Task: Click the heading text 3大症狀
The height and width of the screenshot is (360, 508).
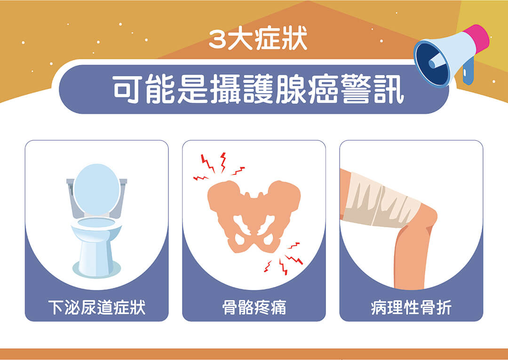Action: [x=258, y=40]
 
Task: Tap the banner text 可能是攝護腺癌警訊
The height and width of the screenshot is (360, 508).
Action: [x=259, y=89]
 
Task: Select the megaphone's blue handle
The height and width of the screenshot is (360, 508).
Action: [x=468, y=72]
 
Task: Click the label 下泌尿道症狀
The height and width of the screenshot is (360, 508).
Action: [x=96, y=307]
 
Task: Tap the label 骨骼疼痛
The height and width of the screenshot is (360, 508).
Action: [x=254, y=307]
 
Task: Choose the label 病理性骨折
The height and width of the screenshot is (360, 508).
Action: [x=411, y=307]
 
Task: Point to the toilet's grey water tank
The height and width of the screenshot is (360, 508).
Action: [x=96, y=198]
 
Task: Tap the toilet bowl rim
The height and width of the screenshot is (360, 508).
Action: [x=96, y=224]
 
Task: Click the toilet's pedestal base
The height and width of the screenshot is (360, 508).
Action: [x=96, y=259]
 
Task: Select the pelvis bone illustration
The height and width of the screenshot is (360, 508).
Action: [x=254, y=216]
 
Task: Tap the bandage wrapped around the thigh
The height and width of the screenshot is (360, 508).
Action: [x=381, y=201]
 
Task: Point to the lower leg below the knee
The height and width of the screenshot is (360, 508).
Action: [x=410, y=259]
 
